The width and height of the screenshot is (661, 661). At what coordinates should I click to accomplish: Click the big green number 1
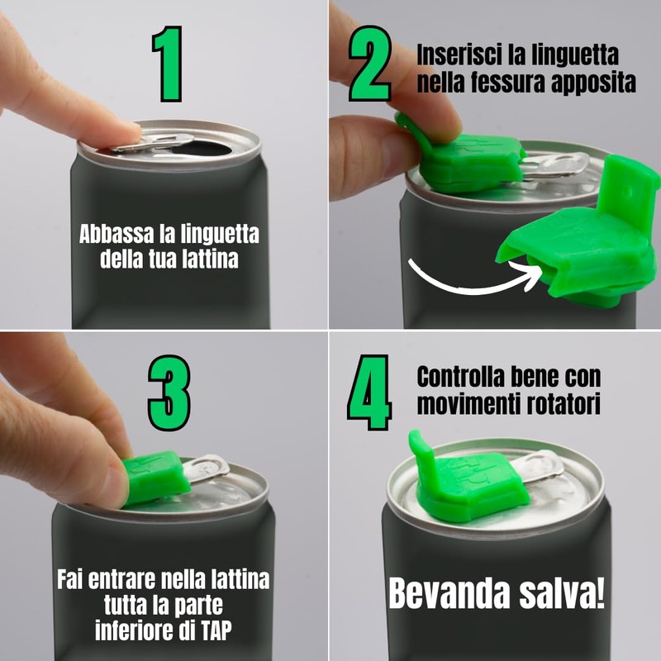tap(169, 64)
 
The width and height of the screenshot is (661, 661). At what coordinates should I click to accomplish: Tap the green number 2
tap(370, 64)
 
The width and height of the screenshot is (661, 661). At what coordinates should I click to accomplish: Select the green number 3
tap(169, 393)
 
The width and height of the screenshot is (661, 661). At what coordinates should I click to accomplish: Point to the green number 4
tap(369, 392)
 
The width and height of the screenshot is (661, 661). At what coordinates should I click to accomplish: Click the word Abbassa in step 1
tap(117, 234)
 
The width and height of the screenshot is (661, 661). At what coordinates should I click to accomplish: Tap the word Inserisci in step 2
tap(459, 55)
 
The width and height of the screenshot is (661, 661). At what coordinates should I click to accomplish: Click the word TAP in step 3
tap(216, 630)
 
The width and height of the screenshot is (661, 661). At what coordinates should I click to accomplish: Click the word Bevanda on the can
tap(449, 593)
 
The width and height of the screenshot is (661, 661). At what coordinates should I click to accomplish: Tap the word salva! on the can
tap(562, 593)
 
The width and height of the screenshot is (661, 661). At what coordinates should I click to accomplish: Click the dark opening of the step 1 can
tap(202, 149)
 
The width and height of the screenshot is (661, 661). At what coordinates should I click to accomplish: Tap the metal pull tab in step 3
tap(207, 468)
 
